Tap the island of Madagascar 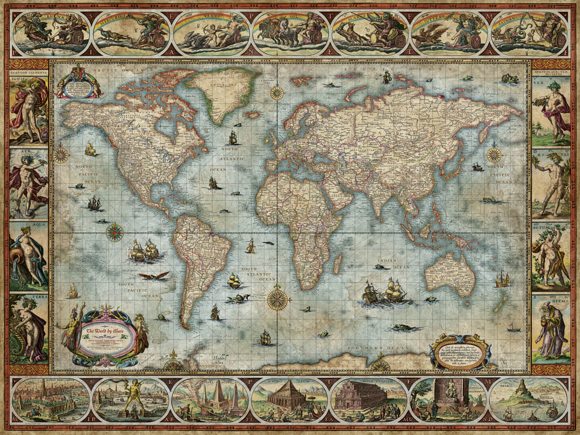pos(338,264)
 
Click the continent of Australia pos(450,274)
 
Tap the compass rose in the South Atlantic pos(277,299)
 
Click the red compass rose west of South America pos(115,231)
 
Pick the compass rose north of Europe pos(277,92)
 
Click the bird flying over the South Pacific pos(153,276)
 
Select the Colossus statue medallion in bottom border pos(130,399)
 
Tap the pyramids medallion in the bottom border pos(210,399)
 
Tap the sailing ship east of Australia pos(502,279)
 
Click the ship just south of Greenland pos(232,137)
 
